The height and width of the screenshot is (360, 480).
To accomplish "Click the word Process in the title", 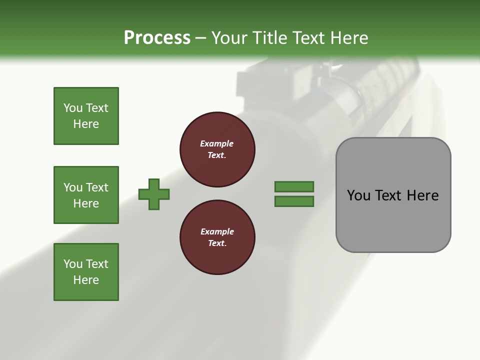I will click(x=157, y=38).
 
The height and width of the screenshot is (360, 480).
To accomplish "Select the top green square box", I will click(x=86, y=116).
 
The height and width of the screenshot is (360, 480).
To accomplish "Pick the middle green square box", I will click(x=86, y=195).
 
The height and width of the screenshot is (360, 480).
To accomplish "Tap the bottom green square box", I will click(x=86, y=272).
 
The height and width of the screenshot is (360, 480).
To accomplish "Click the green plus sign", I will click(x=154, y=194).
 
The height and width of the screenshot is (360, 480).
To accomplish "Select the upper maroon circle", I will click(x=217, y=149).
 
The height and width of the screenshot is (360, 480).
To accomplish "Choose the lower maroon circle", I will click(x=217, y=237).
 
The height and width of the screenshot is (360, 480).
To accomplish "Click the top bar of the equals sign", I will click(x=294, y=187).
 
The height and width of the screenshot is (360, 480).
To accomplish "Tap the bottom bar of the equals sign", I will click(x=294, y=201).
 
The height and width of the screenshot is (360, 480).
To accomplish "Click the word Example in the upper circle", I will click(x=216, y=143).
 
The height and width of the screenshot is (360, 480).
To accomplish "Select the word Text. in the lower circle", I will click(x=217, y=243).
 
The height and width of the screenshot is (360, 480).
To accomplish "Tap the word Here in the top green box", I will click(x=86, y=124).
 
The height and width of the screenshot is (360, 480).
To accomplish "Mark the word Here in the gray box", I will click(x=423, y=195).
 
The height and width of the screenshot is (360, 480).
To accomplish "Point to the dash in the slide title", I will click(x=201, y=38).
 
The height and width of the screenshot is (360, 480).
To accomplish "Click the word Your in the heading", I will click(x=230, y=38).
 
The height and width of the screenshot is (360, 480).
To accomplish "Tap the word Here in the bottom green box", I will click(x=86, y=280).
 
